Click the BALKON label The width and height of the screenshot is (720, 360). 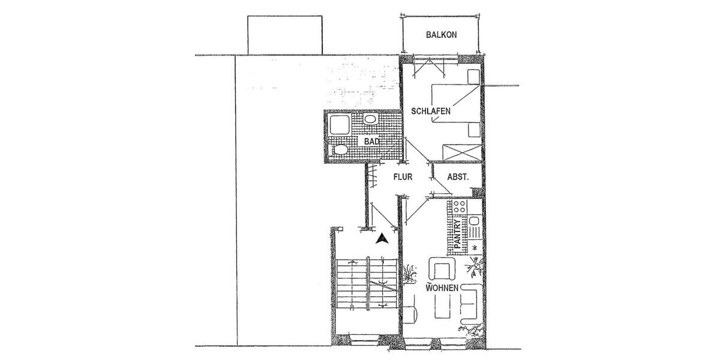point(441,35)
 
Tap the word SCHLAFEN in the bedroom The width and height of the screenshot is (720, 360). point(430,112)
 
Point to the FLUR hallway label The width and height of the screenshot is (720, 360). point(403,178)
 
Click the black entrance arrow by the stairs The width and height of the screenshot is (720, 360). point(380,238)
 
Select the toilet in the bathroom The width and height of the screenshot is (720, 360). point(338,150)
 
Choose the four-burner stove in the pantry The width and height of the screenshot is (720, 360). point(460,208)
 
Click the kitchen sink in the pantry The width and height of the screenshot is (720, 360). point(474,229)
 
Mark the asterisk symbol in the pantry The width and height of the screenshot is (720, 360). point(475,247)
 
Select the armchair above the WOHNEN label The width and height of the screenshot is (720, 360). point(442,269)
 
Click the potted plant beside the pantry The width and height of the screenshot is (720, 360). point(477,265)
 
